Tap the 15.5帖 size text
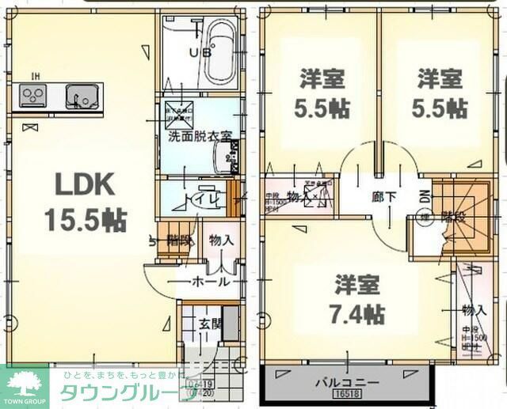pyautogui.click(x=85, y=220)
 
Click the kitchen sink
pyautogui.click(x=80, y=97)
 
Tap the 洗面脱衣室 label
pyautogui.click(x=199, y=135)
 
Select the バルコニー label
pyautogui.click(x=347, y=383)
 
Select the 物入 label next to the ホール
pyautogui.click(x=220, y=240)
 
